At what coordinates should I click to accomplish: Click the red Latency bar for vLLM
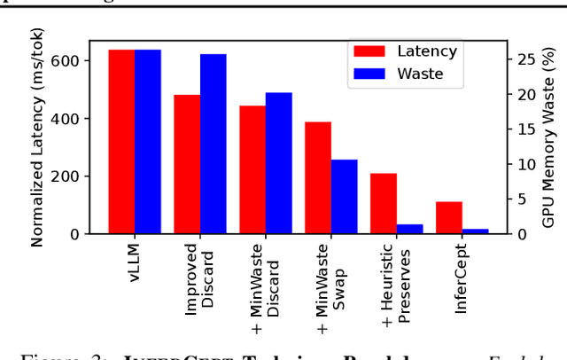point(121,142)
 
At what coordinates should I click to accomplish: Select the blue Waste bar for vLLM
point(147,142)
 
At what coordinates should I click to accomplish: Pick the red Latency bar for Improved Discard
point(187,164)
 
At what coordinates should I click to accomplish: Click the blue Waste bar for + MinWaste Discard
point(278,163)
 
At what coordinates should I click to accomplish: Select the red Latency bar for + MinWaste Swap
point(318,178)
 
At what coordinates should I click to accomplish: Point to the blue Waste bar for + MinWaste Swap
point(344,197)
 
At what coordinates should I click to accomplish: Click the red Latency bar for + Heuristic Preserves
point(384,204)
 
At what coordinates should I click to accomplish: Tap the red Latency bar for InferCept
point(449,218)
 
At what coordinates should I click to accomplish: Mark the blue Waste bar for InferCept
point(475,231)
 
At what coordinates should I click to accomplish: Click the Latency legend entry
point(428,51)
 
